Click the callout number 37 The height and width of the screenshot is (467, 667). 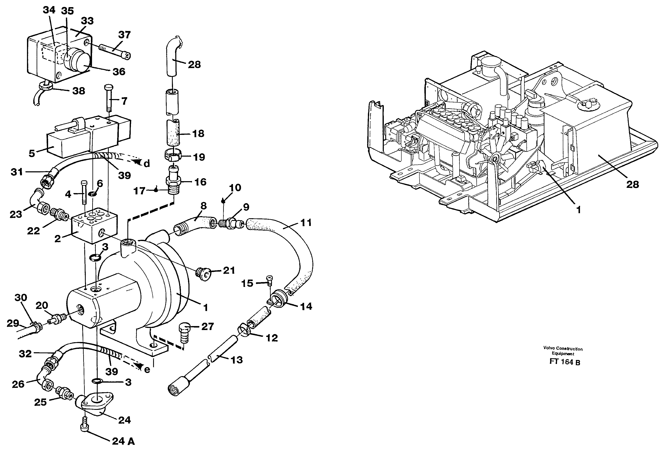(x=124, y=35)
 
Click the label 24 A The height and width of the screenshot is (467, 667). (x=123, y=441)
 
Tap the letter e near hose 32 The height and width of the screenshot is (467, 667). (x=147, y=370)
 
